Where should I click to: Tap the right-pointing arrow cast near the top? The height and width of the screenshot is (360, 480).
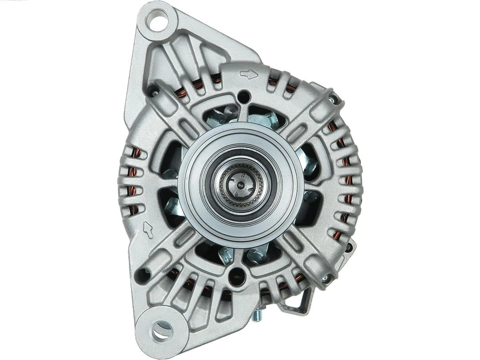(x=248, y=74)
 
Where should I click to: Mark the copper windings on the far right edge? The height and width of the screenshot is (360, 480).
(x=344, y=178)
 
